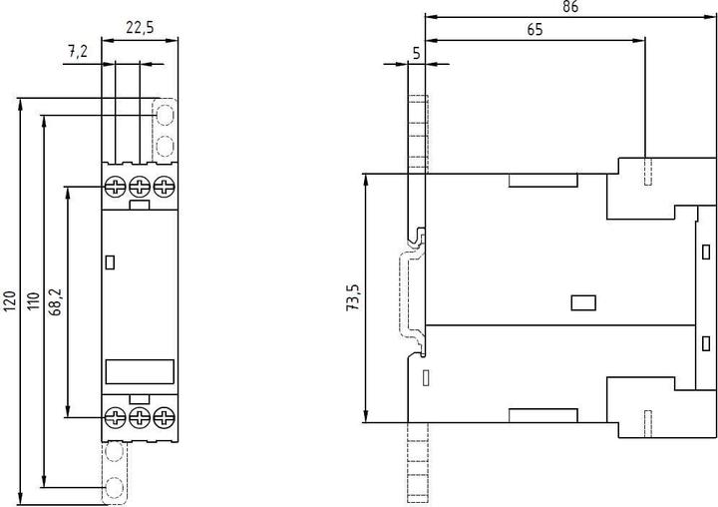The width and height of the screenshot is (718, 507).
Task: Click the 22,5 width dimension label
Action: tap(140, 28)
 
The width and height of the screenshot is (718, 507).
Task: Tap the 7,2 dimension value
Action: tap(78, 51)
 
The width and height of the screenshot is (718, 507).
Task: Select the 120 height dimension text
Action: tap(11, 300)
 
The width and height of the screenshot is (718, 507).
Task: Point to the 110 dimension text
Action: tap(34, 300)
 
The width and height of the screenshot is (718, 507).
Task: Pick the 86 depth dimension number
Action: tap(570, 6)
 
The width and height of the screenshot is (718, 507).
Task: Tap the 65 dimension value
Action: tap(535, 30)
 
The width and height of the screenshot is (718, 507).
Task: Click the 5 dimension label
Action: tap(416, 54)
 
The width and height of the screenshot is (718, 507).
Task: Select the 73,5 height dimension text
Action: tap(353, 298)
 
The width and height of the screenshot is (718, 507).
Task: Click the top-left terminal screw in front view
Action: tap(115, 187)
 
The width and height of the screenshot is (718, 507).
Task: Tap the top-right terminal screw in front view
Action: tap(164, 187)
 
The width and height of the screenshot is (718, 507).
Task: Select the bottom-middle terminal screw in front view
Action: tap(140, 417)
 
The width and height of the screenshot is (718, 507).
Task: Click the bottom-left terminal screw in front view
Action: tap(115, 417)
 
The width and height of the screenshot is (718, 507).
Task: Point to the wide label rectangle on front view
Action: tap(140, 371)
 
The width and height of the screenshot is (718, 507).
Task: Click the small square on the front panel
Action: tap(110, 262)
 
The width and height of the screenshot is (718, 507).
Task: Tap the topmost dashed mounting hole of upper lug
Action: tap(165, 115)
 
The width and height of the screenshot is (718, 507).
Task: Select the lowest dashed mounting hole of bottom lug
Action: tap(114, 487)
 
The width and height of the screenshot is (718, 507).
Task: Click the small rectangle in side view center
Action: tap(583, 303)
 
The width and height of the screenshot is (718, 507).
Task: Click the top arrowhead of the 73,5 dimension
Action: tap(365, 180)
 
